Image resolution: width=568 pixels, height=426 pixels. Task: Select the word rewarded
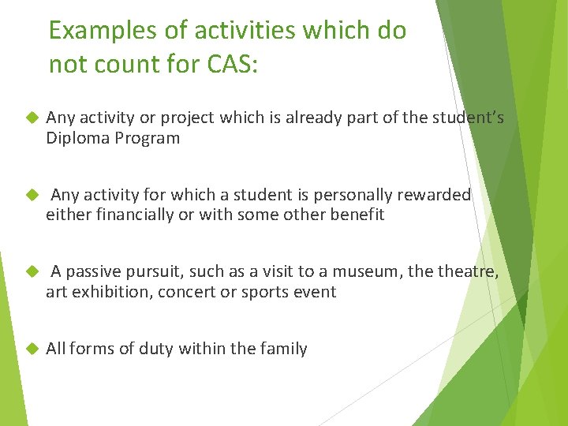tap(432, 195)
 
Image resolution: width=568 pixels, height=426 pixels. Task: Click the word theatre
tap(466, 272)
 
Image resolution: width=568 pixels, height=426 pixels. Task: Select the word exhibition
tap(103, 292)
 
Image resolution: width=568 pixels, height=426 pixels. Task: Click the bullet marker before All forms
tap(32, 349)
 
